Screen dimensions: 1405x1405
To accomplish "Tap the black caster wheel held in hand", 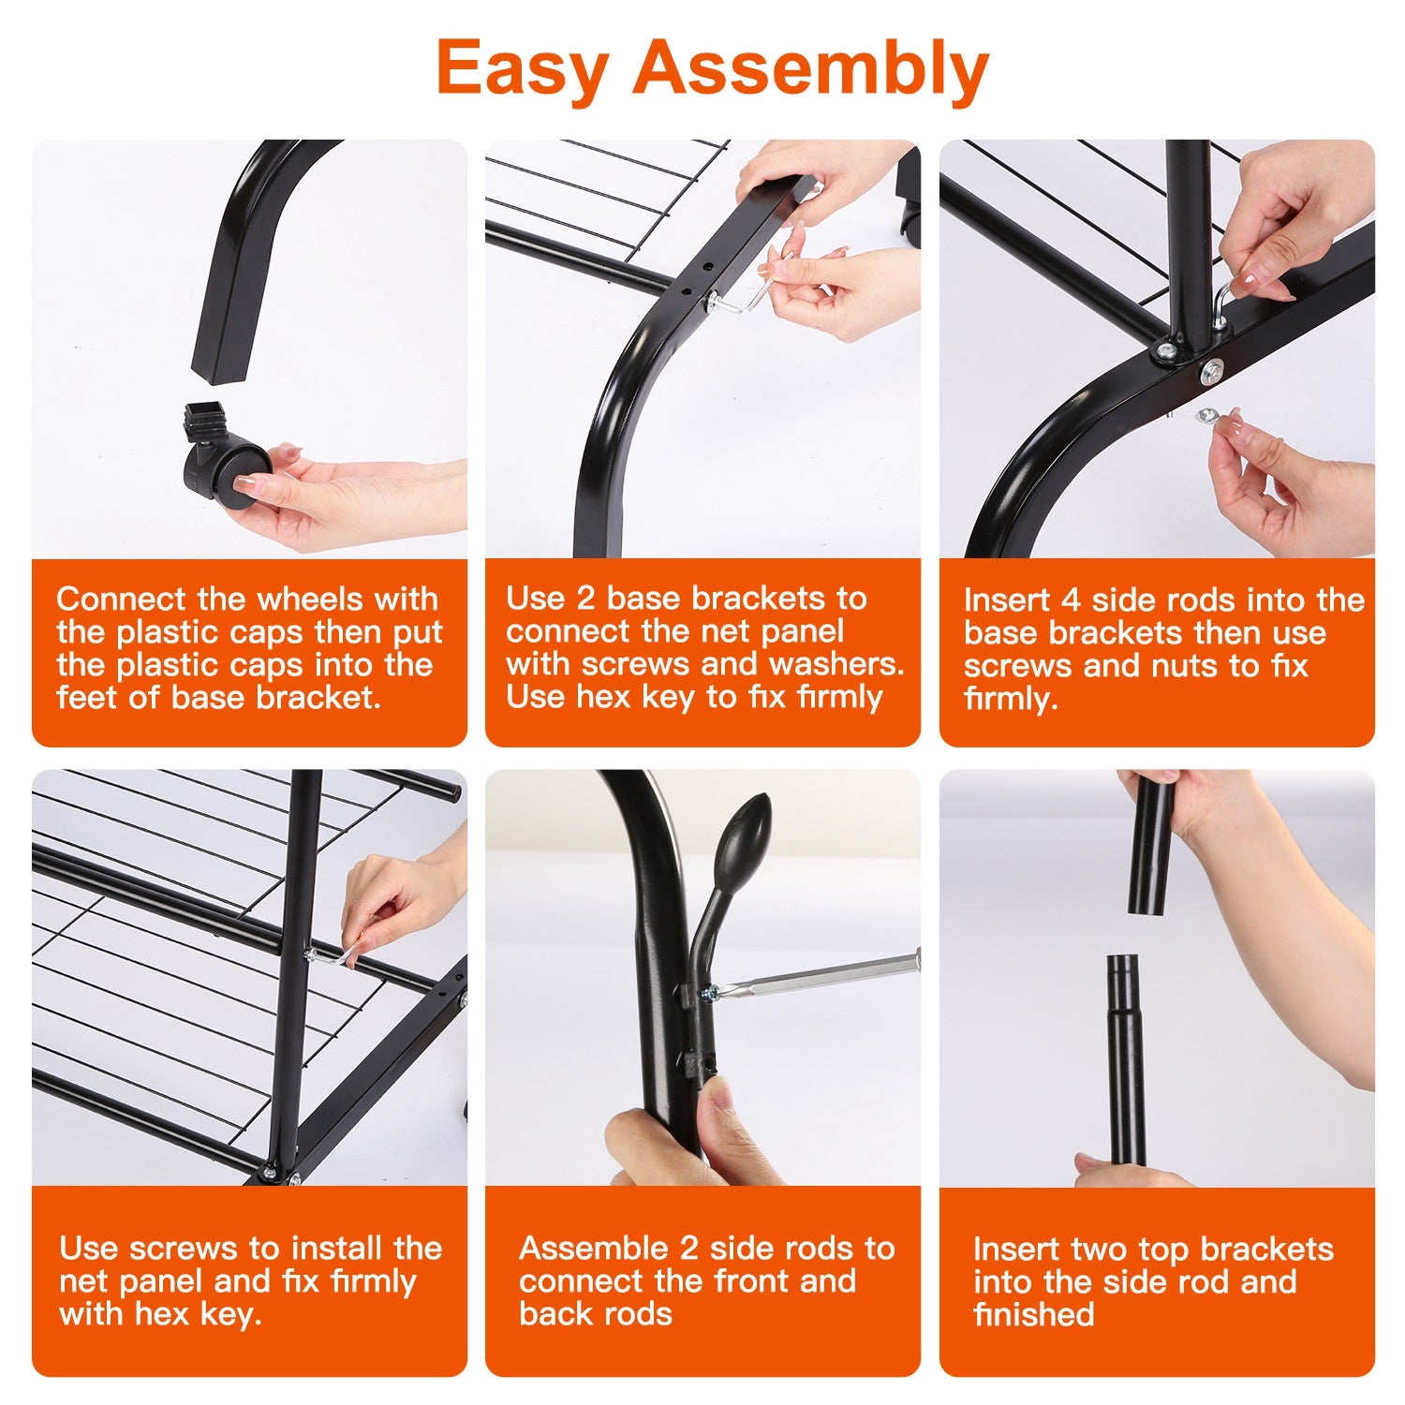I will point(225,468).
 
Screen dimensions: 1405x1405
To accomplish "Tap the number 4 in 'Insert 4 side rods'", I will point(1071,599).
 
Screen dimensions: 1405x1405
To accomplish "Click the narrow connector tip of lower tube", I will point(1122,979).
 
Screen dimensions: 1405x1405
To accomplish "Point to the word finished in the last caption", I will point(1033,1314).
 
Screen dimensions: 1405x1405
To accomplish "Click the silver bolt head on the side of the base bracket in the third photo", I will point(1211,370).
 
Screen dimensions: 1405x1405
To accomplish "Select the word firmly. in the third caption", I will point(1011,699).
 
